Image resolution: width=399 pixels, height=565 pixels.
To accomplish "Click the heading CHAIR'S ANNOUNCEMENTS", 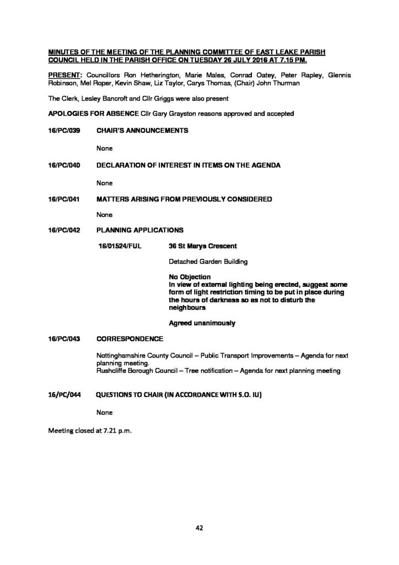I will click(x=142, y=131).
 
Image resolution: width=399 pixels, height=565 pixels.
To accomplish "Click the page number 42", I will click(x=199, y=529).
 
